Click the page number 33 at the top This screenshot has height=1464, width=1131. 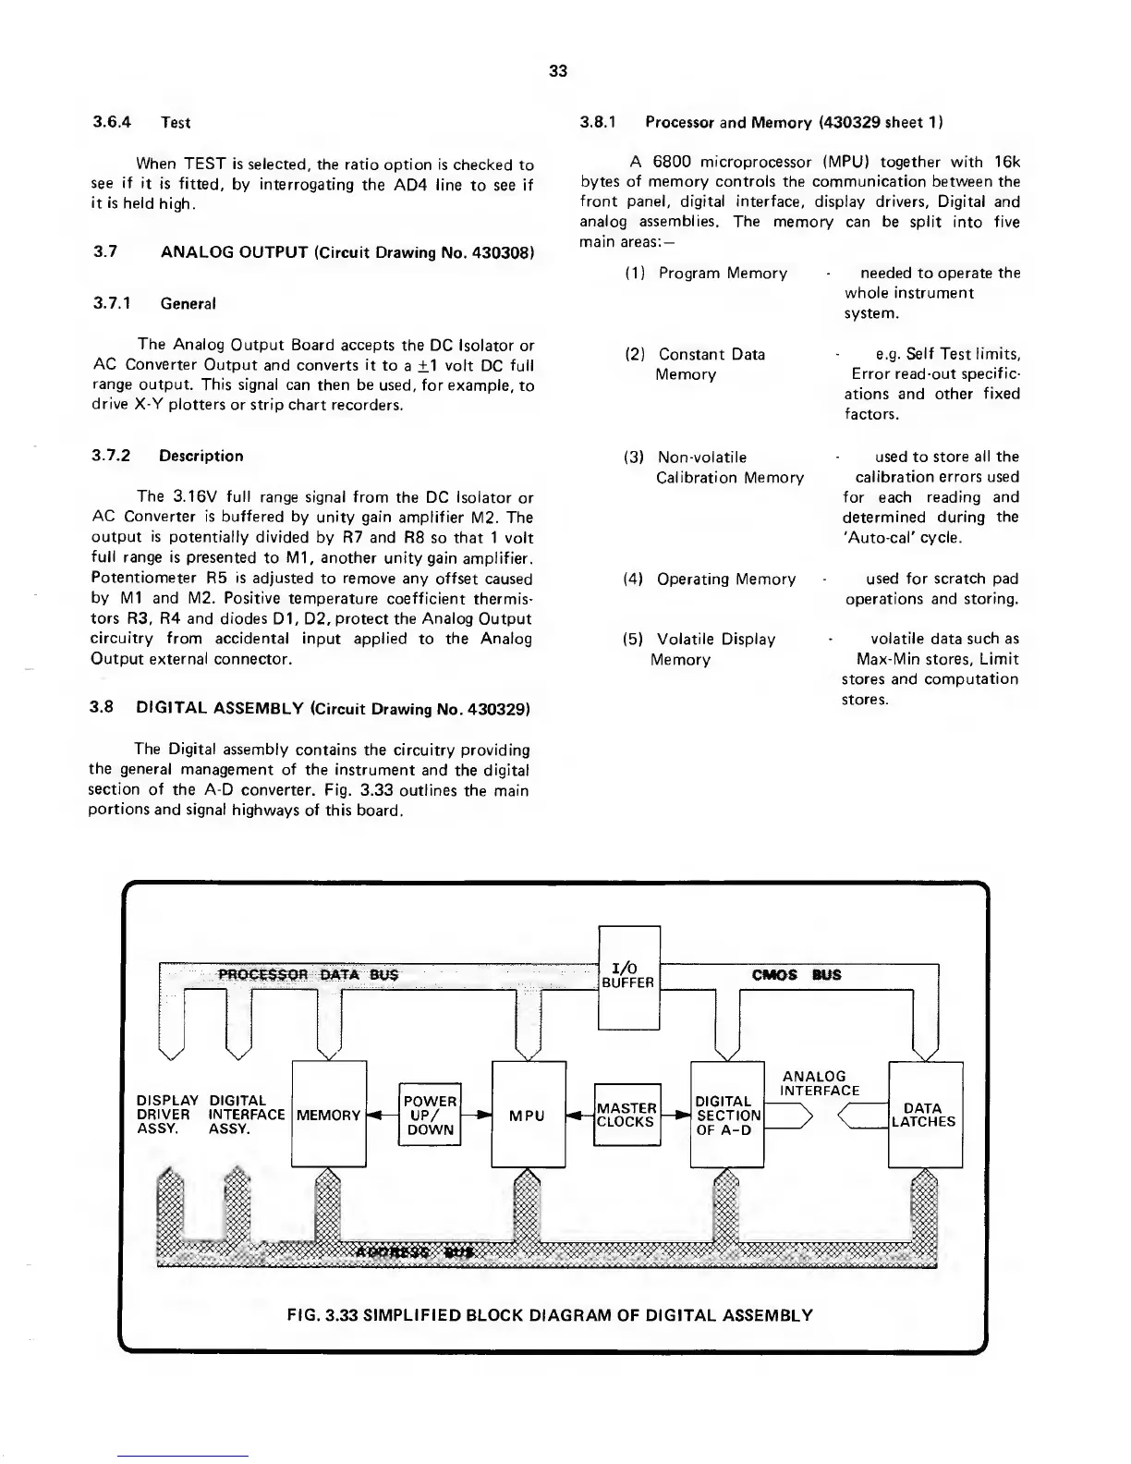point(557,71)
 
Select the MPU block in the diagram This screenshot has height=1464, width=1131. point(528,1115)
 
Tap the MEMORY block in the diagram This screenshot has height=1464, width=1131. point(328,1115)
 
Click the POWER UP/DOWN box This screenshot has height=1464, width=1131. point(430,1115)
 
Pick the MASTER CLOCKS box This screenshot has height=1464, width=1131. point(626,1115)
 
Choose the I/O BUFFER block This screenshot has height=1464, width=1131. point(628,976)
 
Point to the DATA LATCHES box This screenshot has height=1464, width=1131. point(924,1115)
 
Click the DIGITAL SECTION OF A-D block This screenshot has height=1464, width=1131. point(727,1115)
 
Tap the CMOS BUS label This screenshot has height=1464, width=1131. point(797,975)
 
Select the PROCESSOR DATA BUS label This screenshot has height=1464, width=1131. point(308,975)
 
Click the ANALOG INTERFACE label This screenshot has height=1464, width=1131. point(815,1083)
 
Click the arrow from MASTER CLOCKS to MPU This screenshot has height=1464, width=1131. point(579,1116)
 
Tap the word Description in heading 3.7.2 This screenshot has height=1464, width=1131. point(201,456)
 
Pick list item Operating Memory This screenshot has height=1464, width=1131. point(725,579)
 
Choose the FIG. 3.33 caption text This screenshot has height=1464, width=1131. point(550,1314)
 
